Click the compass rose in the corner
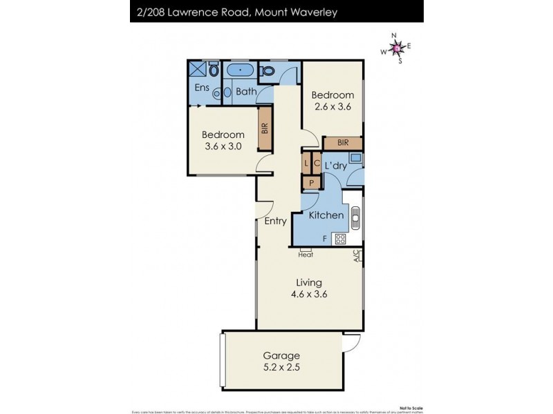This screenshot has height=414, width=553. point(396,48)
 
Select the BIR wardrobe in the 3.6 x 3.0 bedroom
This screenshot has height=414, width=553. point(264,128)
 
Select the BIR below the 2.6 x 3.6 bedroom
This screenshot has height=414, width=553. point(342,143)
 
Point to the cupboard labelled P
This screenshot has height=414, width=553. point(311,183)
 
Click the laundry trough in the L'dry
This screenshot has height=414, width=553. point(355,158)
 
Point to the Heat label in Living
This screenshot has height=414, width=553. point(306,255)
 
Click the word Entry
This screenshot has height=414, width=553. point(276,221)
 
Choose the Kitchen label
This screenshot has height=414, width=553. point(326,215)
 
